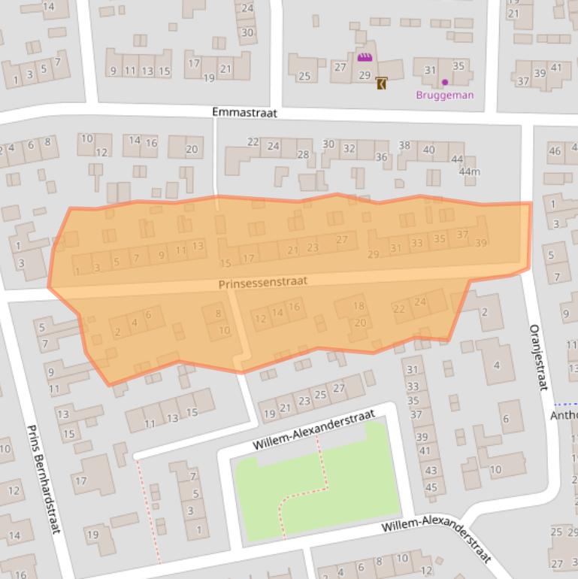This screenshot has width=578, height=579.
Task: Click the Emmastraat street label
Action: [244, 112]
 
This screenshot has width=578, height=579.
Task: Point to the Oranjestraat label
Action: [536, 357]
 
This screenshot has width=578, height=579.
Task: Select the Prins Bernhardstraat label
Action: [44, 479]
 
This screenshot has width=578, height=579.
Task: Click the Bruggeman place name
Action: [445, 95]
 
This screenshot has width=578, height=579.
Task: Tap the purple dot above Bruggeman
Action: [445, 82]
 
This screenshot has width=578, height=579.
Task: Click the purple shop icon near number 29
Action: [365, 57]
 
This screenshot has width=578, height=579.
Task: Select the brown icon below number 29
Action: [382, 83]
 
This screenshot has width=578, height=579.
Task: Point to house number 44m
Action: [469, 172]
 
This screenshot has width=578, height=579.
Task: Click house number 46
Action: [555, 151]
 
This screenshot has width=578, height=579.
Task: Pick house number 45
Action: [431, 487]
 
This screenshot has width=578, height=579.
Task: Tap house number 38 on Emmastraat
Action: [404, 145]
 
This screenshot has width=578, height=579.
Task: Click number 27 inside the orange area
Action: [342, 240]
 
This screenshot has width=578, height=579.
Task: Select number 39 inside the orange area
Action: [481, 243]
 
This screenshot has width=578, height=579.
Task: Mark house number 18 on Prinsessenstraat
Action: [359, 305]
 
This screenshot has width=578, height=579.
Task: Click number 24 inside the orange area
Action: [420, 302]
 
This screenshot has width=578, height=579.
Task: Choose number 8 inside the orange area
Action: [219, 314]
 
